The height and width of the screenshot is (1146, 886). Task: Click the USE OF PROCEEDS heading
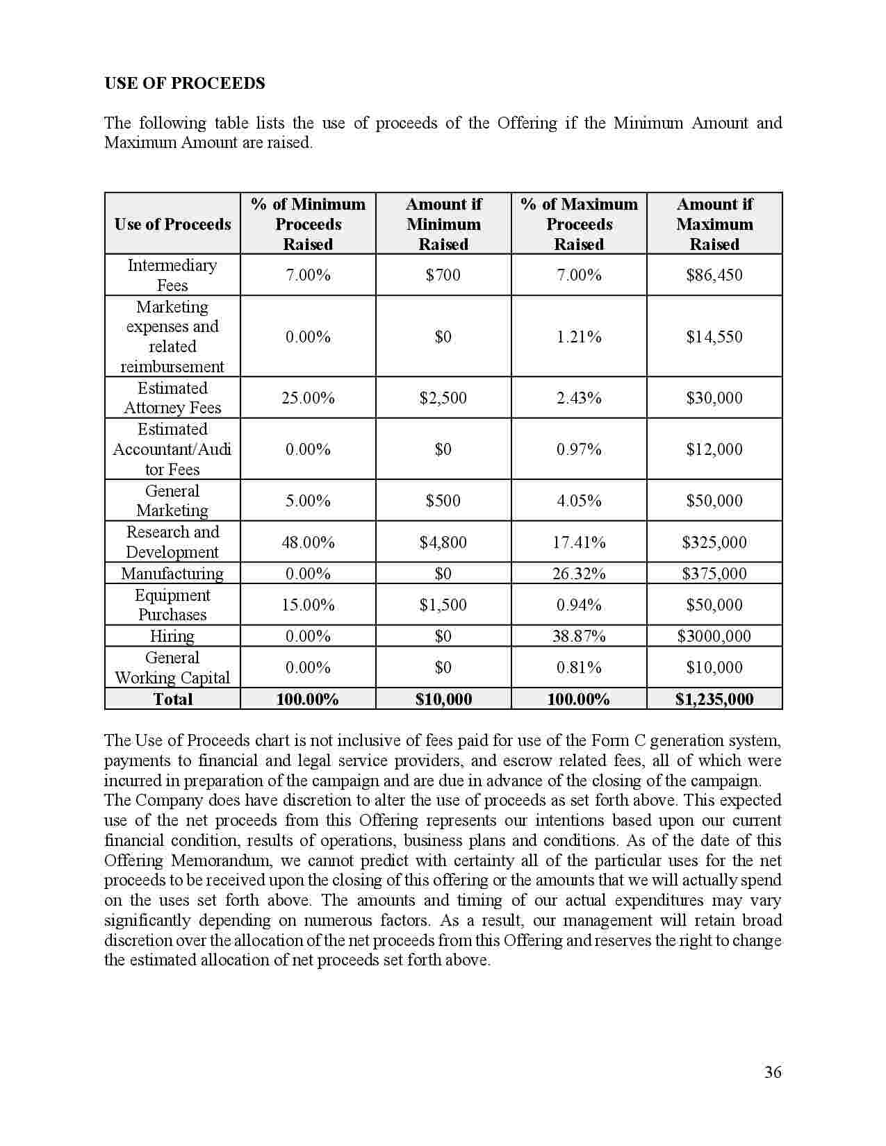tap(184, 83)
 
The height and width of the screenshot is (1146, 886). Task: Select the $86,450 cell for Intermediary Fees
tap(714, 275)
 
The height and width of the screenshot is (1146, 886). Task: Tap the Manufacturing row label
tap(172, 574)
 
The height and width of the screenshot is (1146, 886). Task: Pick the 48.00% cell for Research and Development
tap(308, 542)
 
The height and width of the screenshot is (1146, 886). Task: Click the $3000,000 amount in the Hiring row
tap(714, 636)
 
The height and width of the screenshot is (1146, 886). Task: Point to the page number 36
tap(773, 1072)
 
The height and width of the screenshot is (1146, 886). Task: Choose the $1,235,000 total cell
tap(714, 699)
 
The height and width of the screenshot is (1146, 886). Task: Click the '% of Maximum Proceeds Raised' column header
tap(579, 224)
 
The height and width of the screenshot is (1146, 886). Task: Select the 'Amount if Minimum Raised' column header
tap(443, 224)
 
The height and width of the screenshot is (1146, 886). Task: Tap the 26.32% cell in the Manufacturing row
tap(579, 574)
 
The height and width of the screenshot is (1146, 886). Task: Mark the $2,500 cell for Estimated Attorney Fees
tap(443, 398)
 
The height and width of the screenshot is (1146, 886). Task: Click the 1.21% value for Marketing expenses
tap(579, 337)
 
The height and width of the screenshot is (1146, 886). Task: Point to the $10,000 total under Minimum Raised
tap(443, 699)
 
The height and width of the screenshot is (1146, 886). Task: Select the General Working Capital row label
tap(172, 667)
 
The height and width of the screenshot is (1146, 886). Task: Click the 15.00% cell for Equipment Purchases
tap(308, 605)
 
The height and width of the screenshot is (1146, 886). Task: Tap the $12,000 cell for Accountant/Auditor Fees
tap(714, 449)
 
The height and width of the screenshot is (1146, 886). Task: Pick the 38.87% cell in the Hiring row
tap(579, 636)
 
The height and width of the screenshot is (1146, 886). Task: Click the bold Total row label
tap(172, 699)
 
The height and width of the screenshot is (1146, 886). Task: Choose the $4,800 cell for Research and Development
tap(443, 542)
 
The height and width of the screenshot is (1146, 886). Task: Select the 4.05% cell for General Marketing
tap(579, 501)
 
